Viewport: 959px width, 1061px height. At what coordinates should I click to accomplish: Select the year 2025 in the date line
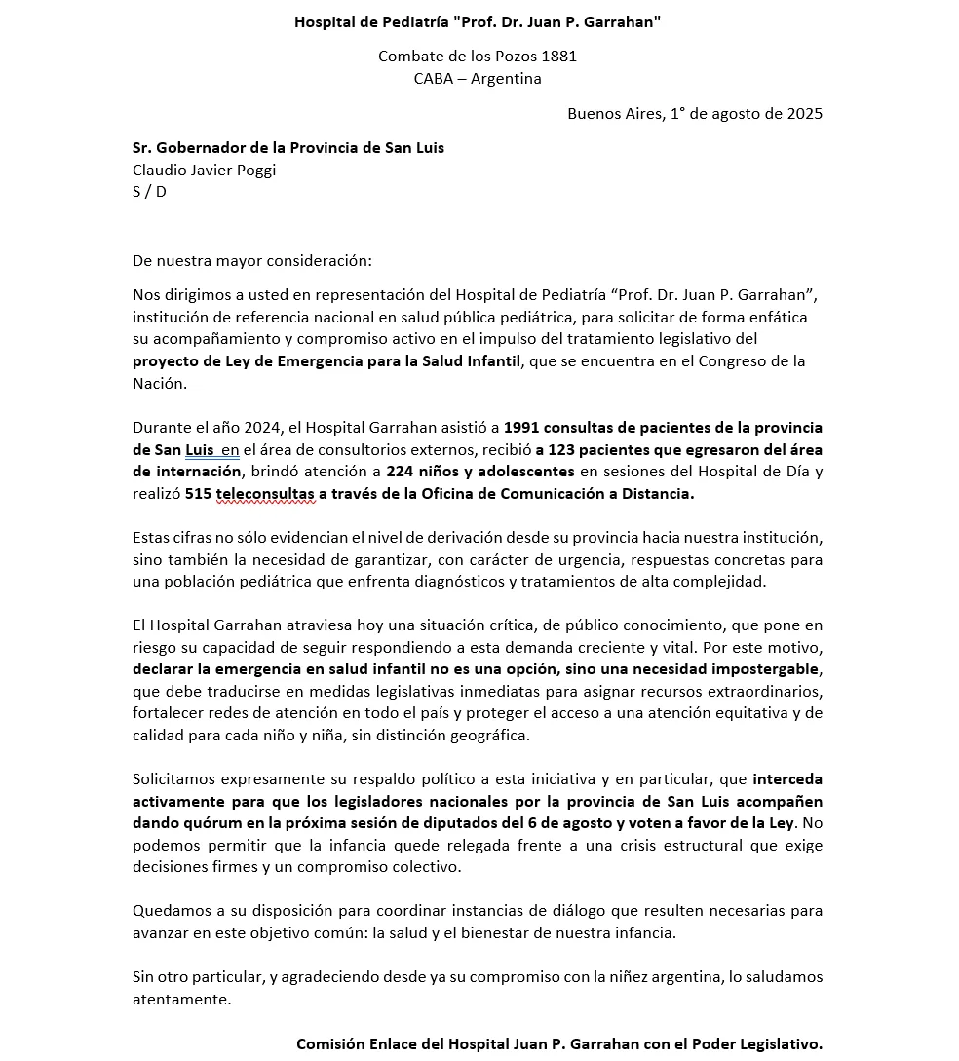tap(802, 113)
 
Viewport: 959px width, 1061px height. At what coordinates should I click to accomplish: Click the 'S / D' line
tap(149, 191)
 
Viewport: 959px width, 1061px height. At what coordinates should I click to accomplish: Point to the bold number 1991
tap(523, 428)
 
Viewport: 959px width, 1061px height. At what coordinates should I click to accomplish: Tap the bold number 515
tap(198, 494)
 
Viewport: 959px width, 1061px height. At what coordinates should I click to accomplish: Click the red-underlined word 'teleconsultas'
tap(265, 494)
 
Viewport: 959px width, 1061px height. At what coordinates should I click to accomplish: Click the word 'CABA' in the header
tap(434, 79)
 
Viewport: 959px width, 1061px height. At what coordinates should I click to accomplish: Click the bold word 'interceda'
tap(787, 779)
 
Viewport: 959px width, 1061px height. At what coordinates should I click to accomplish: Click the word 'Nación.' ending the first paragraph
tap(159, 383)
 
